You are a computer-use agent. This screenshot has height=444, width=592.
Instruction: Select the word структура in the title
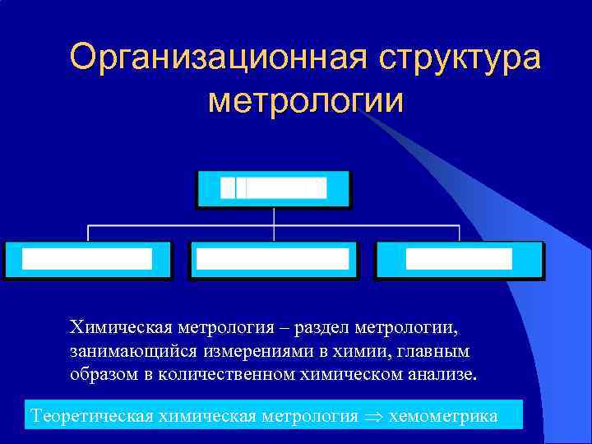click(460, 58)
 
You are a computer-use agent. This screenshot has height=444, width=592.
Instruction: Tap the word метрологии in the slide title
click(306, 101)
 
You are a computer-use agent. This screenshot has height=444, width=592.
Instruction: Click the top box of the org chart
click(273, 188)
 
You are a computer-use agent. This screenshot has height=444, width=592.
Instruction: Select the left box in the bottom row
click(87, 260)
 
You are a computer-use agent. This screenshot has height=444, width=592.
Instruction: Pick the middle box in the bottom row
click(273, 260)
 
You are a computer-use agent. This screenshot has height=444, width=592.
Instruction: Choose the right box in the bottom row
click(459, 260)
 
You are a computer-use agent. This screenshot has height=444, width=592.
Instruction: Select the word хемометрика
click(443, 415)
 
